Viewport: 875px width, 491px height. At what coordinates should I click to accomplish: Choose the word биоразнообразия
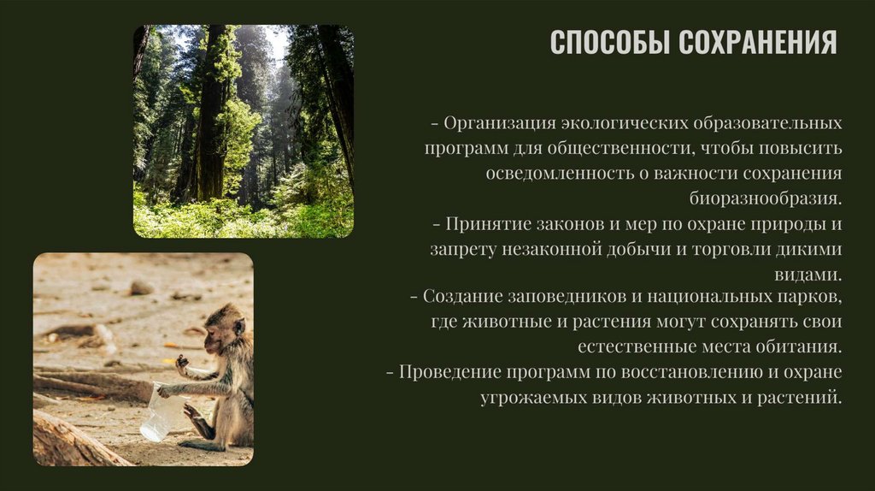[x=766, y=198]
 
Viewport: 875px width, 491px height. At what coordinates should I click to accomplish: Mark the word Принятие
[x=484, y=224]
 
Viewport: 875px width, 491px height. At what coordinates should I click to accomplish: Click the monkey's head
[x=224, y=327]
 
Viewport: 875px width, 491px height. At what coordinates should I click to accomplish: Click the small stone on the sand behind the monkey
[x=140, y=287]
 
